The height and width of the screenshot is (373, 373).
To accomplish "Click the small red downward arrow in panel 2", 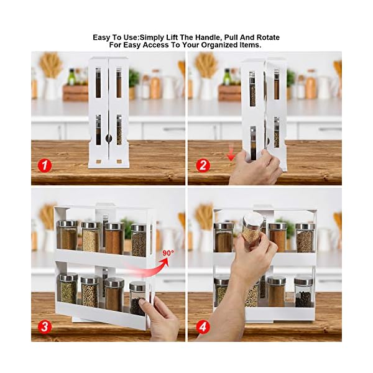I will pos(231,155).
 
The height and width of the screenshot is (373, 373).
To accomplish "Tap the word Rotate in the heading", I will pos(266,37).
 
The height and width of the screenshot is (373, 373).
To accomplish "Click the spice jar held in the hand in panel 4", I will pos(252,228).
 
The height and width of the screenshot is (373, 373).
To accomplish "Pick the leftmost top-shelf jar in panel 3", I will pos(67,236).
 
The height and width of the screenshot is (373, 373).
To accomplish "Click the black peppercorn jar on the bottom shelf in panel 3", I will pos(137,299).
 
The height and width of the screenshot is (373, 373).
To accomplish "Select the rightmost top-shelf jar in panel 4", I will pos(304,237).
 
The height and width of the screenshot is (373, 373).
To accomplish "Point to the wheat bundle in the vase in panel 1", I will pos(51,65).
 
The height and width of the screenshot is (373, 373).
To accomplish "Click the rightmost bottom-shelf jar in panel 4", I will pos(303,292).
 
